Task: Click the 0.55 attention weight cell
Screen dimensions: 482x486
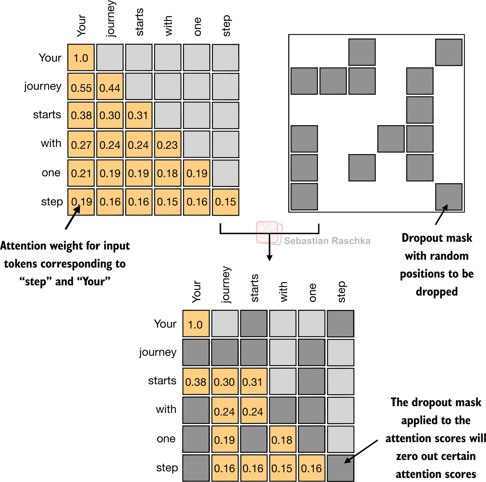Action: click(x=81, y=87)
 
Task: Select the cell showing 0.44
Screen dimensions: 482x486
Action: click(x=110, y=87)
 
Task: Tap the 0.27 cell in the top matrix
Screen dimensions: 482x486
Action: click(x=81, y=144)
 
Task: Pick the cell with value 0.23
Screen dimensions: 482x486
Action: click(x=167, y=144)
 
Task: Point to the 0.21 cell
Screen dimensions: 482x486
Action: click(x=81, y=173)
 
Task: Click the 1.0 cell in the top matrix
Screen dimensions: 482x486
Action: click(x=81, y=58)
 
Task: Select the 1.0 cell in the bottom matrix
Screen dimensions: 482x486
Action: click(x=196, y=324)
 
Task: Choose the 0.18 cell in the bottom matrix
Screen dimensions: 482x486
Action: click(x=282, y=440)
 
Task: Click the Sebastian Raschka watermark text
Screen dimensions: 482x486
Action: click(x=327, y=241)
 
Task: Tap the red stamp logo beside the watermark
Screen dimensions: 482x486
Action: click(x=269, y=233)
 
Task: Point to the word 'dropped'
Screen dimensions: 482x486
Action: click(x=437, y=292)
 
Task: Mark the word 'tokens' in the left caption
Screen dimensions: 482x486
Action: click(x=20, y=264)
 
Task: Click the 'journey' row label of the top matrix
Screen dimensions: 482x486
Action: click(x=43, y=86)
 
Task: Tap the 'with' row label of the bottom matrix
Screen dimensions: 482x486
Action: click(x=166, y=409)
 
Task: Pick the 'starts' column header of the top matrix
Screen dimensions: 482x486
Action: click(x=139, y=22)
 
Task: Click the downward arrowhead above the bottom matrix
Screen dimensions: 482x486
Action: click(x=269, y=258)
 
